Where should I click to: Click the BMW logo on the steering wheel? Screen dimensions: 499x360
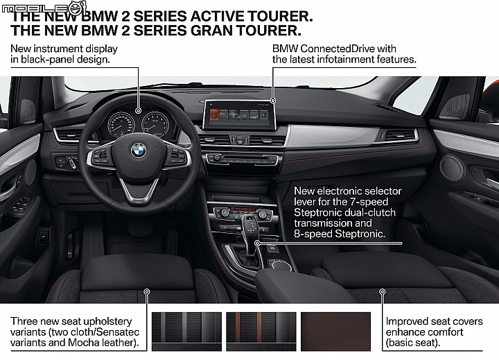139,150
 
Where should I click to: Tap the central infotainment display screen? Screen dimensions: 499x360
239,114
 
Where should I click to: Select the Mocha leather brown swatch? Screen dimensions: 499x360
335,332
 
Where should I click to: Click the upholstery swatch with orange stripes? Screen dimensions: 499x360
261,332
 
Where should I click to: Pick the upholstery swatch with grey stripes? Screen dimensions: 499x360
186,332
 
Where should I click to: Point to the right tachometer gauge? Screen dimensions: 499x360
155,123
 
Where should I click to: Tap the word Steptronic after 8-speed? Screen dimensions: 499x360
360,234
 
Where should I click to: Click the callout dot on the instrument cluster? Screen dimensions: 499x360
138,111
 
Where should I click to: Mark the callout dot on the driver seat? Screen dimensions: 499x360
147,291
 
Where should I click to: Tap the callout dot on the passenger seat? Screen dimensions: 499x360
383,291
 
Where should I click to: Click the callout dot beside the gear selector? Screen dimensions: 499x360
257,243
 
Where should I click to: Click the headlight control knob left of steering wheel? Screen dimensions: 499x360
71,162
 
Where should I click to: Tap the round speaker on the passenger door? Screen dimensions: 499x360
451,169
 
